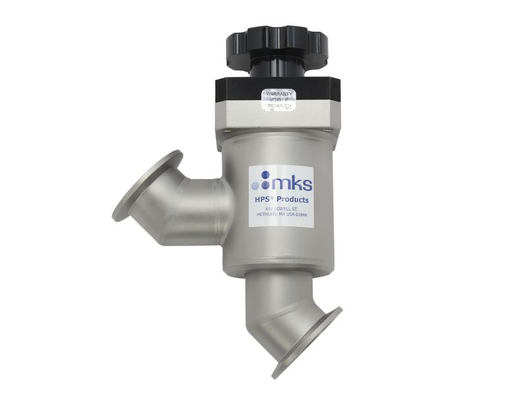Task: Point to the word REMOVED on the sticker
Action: [x=280, y=107]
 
